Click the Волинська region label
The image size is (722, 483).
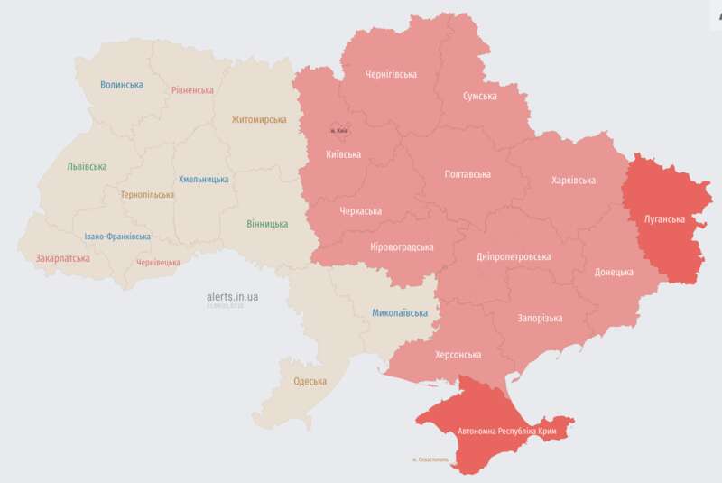coord(122,85)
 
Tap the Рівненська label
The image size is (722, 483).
coord(192,90)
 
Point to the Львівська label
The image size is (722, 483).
coord(86,167)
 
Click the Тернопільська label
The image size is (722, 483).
coord(147,194)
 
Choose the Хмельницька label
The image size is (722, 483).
coord(203,180)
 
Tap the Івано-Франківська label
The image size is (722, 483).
coord(117,237)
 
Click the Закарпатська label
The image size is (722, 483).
coord(62,258)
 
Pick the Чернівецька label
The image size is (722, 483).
coord(157,263)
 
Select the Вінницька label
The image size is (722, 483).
coord(267,224)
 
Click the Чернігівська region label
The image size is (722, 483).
coord(390,74)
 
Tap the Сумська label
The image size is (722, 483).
coord(480,96)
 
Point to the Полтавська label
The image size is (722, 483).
coord(467,174)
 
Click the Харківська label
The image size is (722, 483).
coord(573,181)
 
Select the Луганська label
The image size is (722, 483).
coord(663,219)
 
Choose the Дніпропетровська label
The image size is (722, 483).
coord(513,257)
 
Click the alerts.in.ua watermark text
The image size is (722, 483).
coord(233,296)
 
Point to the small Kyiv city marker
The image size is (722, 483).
coord(339,131)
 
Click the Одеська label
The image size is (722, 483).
coord(310,382)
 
